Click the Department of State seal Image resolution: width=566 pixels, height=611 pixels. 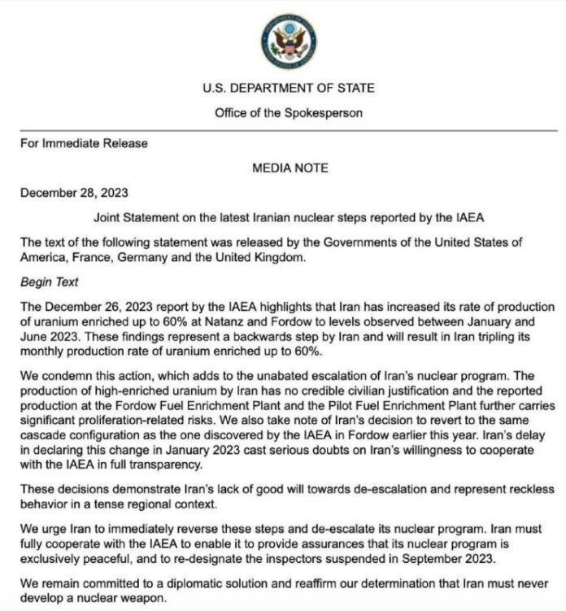coord(289,40)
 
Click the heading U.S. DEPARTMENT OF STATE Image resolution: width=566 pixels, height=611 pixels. coord(289,88)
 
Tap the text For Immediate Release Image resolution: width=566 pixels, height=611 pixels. coord(85,143)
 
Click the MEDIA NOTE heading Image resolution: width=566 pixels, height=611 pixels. coord(290,168)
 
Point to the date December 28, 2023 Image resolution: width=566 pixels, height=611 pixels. coord(75,193)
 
